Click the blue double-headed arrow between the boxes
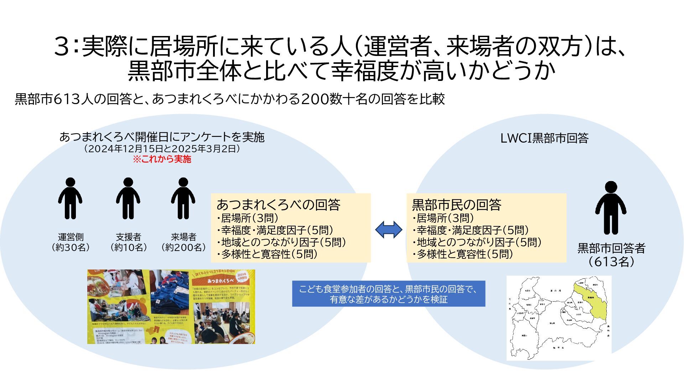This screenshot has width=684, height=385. coord(389,230)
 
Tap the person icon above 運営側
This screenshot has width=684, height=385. coord(70,199)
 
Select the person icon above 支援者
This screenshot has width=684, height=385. coord(128,199)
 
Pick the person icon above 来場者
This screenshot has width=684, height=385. coord(183,199)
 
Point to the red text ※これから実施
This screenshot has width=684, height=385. coord(162,159)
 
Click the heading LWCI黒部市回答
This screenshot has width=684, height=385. coord(544,138)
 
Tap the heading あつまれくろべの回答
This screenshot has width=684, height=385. coord(278,205)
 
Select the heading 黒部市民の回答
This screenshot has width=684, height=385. coord(456,205)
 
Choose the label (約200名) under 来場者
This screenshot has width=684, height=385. coord(183,247)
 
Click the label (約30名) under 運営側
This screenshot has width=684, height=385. coord(71,247)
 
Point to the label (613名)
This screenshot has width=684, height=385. coord(611,262)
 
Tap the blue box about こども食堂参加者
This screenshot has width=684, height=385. coord(388,294)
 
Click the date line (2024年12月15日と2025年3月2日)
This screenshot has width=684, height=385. coord(162,149)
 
